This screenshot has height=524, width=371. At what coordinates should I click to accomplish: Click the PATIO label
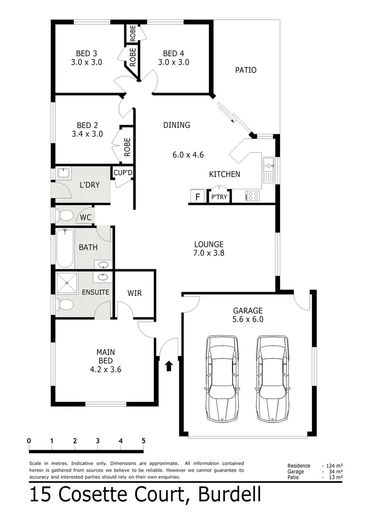pos(246,70)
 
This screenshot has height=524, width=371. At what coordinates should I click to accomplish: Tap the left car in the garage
pos(222,378)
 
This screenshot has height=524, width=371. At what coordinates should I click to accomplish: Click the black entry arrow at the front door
pos(169,365)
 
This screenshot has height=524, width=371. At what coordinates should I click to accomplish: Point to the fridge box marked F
pos(197,197)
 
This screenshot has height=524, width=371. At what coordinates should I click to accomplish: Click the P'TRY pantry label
pos(219,197)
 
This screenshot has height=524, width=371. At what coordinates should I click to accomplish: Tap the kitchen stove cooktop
pos(253,196)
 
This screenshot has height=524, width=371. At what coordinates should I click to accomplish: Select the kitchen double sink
pos(269,167)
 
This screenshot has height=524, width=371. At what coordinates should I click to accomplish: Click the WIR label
pos(135,293)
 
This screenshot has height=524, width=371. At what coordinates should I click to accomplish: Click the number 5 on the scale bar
pos(143,441)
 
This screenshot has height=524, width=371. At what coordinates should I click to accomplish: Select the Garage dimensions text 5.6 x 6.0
pos(248,319)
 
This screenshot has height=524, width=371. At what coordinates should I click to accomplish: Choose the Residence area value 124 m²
pos(334,466)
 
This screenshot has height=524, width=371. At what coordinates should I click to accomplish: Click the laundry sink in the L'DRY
pos(64,173)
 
